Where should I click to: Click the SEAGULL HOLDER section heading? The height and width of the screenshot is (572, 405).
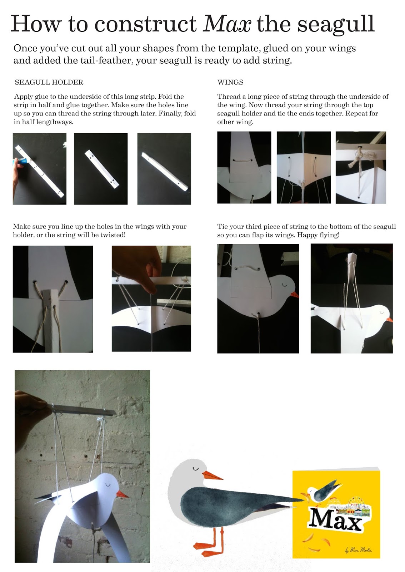click(x=49, y=82)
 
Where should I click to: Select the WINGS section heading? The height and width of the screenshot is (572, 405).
click(x=230, y=82)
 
